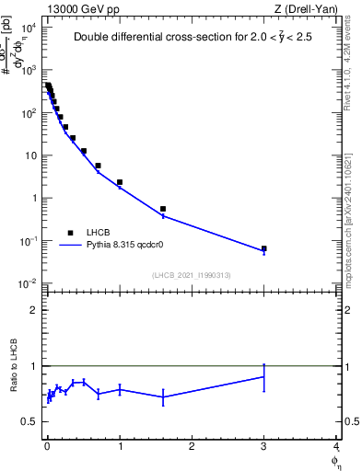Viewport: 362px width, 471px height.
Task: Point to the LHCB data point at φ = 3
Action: coord(263,248)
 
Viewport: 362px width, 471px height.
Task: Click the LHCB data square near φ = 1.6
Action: coord(163,209)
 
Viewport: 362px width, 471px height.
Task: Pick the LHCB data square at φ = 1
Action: coord(120,182)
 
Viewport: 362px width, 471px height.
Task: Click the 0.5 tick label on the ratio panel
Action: coord(29,421)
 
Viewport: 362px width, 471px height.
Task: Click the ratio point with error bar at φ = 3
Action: coord(263,376)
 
